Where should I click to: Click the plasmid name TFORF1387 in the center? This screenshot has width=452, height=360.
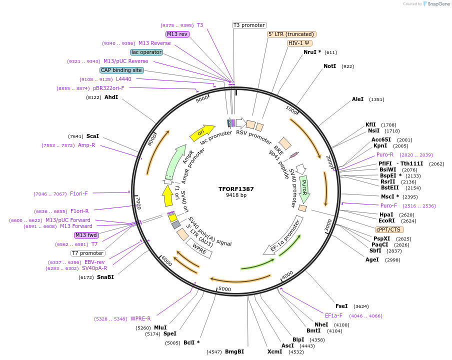(236, 189)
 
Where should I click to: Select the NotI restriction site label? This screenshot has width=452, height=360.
(329, 66)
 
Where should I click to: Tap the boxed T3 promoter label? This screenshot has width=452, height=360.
(249, 25)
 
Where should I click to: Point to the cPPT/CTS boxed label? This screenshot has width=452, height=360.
(388, 229)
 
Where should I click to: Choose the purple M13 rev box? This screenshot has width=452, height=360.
(177, 34)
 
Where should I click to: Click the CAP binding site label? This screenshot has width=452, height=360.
(121, 70)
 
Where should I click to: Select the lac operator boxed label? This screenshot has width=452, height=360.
(146, 52)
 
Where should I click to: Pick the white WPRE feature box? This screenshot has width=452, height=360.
(199, 247)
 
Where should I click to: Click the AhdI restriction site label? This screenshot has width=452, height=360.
(111, 97)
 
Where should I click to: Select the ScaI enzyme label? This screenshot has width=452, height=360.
(92, 136)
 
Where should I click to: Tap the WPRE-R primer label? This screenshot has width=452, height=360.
(140, 318)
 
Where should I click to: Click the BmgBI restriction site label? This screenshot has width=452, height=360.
(234, 351)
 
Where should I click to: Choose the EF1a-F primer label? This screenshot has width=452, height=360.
(333, 315)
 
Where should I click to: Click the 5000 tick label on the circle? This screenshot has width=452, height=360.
(225, 289)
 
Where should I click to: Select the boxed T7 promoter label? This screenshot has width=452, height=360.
(88, 253)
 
